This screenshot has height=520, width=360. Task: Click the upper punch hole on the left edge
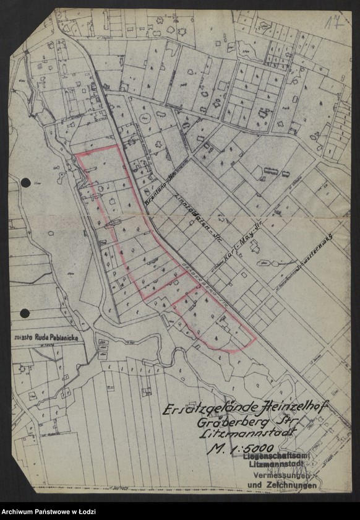[25, 183]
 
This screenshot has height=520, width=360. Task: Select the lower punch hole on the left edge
[25, 313]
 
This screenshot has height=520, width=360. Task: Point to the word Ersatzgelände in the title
[199, 410]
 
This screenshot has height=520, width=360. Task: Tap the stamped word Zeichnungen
[291, 485]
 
